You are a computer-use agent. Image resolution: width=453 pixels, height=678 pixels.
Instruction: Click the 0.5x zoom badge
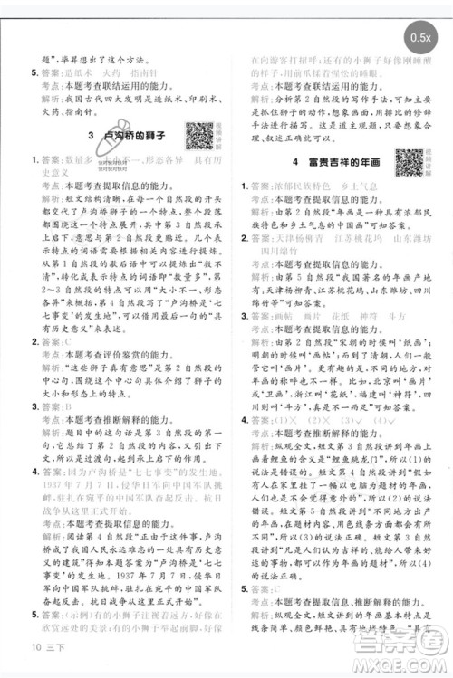coord(419,38)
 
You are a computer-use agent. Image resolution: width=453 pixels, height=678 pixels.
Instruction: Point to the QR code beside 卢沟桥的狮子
coord(200,135)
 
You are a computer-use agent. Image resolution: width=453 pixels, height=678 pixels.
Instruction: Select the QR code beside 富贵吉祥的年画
coord(409,160)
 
